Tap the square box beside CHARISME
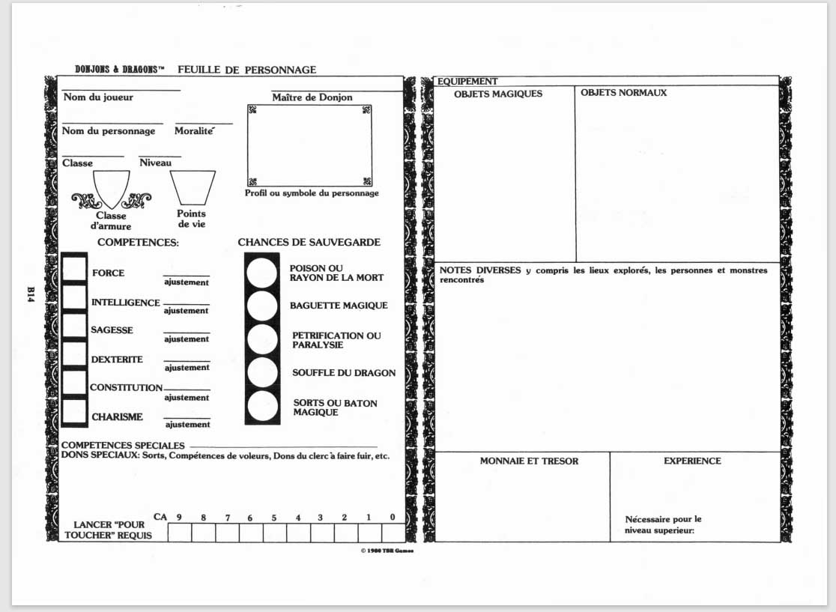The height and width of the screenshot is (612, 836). point(74,412)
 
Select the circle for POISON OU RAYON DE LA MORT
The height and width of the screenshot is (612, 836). point(262,272)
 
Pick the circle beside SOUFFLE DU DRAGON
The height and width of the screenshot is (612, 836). point(262,372)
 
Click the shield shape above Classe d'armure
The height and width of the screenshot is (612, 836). point(111,187)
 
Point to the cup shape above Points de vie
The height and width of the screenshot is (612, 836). point(193,187)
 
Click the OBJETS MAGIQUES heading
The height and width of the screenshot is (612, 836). point(498,94)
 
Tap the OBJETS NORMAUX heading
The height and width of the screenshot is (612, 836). point(623,93)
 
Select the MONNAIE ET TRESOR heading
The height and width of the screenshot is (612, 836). point(529,461)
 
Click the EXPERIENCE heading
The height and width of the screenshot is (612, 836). point(692,461)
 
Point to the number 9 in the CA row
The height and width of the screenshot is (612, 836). point(180,518)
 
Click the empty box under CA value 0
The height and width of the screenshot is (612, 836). point(393,533)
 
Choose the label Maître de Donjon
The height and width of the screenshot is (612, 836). point(312,97)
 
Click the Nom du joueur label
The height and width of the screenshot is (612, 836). point(98,97)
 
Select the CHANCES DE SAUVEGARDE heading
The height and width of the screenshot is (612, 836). point(309,243)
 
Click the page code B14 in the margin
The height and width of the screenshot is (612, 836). point(31,294)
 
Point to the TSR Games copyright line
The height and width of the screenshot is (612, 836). point(387,551)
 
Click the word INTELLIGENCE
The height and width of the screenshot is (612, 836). point(125,303)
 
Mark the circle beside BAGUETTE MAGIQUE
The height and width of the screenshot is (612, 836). point(262,306)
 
